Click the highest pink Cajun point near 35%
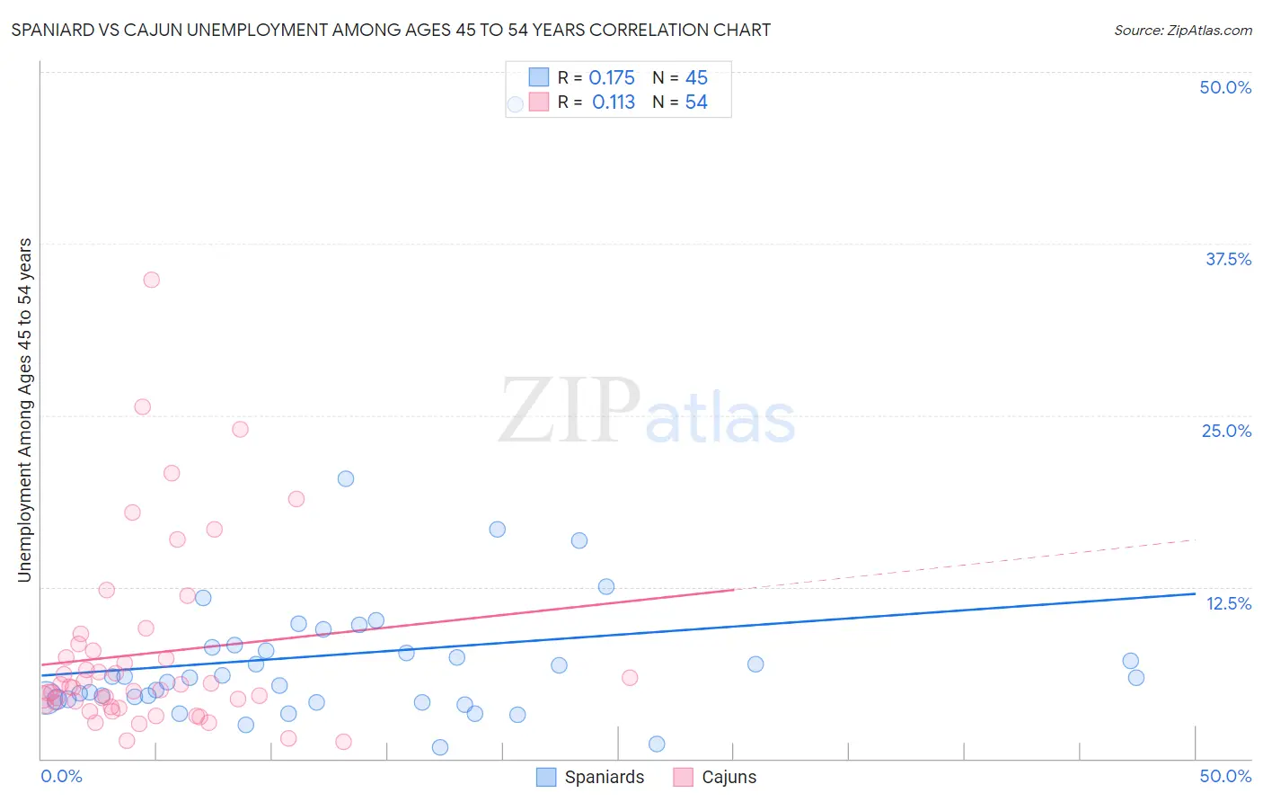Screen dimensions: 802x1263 pyautogui.click(x=151, y=280)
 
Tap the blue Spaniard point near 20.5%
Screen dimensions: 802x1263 pyautogui.click(x=346, y=478)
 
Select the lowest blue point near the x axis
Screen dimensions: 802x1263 pyautogui.click(x=440, y=747)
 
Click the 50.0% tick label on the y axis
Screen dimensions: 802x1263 pyautogui.click(x=1225, y=87)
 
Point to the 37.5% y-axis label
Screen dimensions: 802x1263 pyautogui.click(x=1228, y=259)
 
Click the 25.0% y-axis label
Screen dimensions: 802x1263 pyautogui.click(x=1226, y=431)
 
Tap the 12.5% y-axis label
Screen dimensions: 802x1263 pyautogui.click(x=1228, y=603)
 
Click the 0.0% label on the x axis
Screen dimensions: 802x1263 pyautogui.click(x=61, y=776)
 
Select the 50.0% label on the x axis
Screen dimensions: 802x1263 pyautogui.click(x=1225, y=776)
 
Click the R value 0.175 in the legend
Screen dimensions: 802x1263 pyautogui.click(x=612, y=78)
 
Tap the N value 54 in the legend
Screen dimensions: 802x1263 pyautogui.click(x=696, y=102)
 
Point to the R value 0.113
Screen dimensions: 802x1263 pyautogui.click(x=614, y=102)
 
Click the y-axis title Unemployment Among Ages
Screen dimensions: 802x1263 pyautogui.click(x=24, y=410)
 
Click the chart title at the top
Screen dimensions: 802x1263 pyautogui.click(x=391, y=30)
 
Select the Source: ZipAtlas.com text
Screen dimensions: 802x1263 pyautogui.click(x=1182, y=30)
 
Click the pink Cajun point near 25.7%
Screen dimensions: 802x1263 pyautogui.click(x=142, y=406)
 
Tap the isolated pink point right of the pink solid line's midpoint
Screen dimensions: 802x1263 pyautogui.click(x=630, y=678)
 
